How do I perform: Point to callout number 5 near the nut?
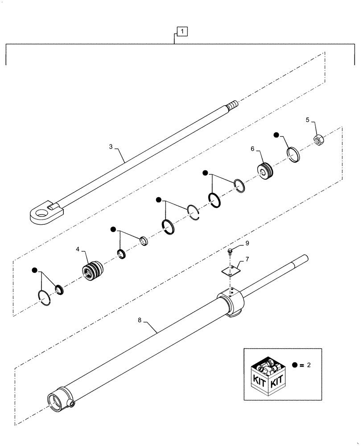pyautogui.click(x=308, y=120)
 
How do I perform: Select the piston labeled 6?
pyautogui.click(x=266, y=171)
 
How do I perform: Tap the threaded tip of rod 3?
pyautogui.click(x=233, y=106)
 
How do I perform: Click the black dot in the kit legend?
pyautogui.click(x=295, y=365)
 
